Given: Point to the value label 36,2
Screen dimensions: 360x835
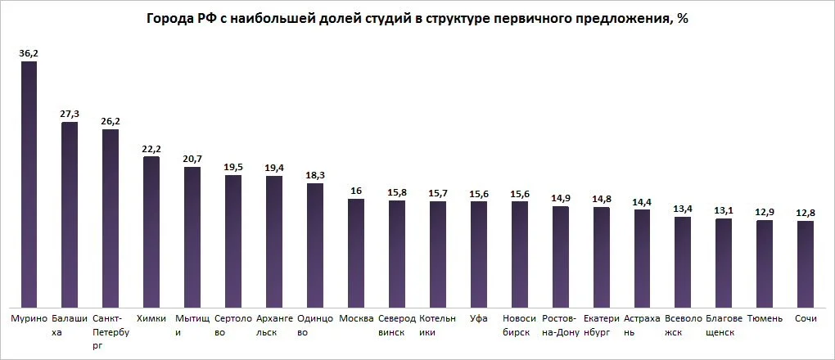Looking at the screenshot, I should point(29,53).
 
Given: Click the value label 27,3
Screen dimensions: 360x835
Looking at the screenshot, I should point(70,115).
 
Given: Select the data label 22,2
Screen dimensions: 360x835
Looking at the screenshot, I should point(151,148).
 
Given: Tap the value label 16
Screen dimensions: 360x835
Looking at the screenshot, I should point(356,191).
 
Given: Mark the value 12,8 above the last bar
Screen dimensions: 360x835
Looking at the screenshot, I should point(806,213).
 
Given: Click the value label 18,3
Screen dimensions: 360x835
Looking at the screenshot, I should point(315,175).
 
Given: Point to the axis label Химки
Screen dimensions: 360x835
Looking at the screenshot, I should point(151,318).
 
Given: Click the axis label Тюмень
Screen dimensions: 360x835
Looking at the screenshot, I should point(765,318).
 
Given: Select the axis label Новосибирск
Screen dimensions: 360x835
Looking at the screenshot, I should point(520,326).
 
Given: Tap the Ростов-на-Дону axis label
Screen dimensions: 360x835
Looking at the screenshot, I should point(561,326).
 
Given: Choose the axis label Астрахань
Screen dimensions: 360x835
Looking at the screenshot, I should point(642,326).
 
